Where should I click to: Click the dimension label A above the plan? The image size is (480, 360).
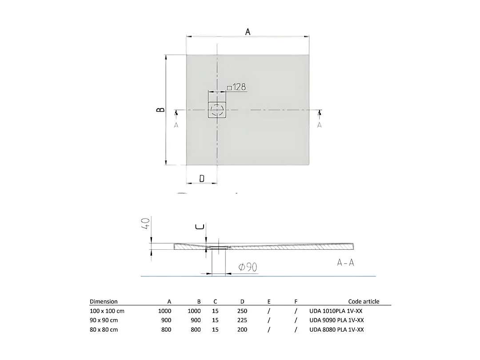coord(248,32)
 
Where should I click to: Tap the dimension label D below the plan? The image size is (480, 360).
coord(202,178)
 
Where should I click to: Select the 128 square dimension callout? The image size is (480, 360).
coord(236,88)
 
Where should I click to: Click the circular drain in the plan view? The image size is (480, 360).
coord(217,109)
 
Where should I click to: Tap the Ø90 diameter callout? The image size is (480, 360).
coord(248,267)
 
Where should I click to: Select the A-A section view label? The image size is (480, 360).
coord(345,263)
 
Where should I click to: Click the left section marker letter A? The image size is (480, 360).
coord(176,125)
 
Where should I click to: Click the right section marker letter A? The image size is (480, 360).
coord(319,125)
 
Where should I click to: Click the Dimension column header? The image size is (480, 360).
coord(104,301)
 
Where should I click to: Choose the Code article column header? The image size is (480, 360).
coord(364,301)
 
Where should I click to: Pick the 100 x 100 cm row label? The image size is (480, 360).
coord(107,311)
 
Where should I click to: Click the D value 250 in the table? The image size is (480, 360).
coord(242,311)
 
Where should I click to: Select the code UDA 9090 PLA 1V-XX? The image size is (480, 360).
coord(336,320)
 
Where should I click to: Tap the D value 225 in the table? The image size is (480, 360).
coord(242,320)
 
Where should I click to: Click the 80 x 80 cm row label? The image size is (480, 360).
coord(104,329)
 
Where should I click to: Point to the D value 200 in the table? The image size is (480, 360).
coord(242,329)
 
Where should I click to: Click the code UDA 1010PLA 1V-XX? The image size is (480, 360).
coord(336,311)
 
